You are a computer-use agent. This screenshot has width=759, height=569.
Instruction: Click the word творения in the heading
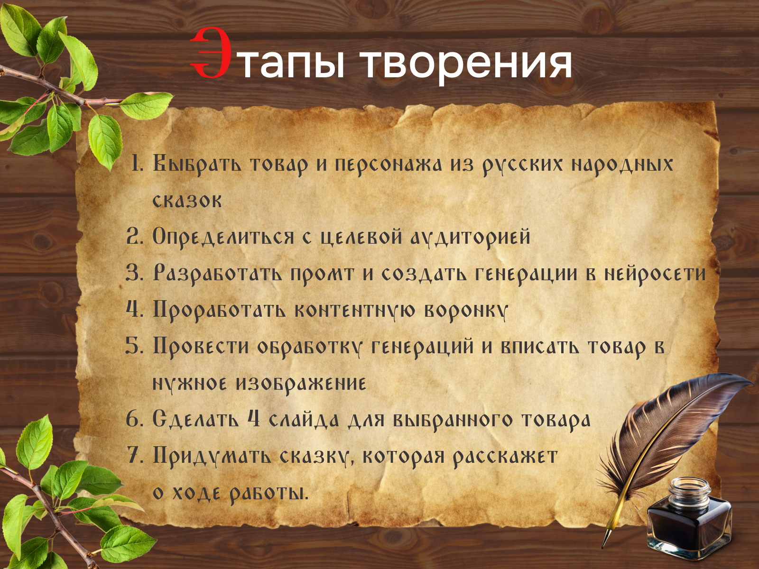tap(466, 64)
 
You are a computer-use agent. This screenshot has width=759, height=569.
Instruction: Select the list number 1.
tap(137, 164)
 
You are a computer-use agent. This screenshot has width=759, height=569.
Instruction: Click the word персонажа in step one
tap(389, 165)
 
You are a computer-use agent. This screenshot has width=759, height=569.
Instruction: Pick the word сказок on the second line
tap(187, 201)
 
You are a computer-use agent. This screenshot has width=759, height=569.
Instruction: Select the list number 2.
tap(135, 237)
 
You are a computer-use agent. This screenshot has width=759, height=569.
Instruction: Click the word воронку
tap(466, 311)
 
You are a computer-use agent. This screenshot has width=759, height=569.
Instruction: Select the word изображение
tap(301, 384)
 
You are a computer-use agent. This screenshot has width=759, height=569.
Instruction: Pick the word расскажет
tap(505, 457)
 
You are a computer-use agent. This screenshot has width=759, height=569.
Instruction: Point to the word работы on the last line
tap(268, 493)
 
